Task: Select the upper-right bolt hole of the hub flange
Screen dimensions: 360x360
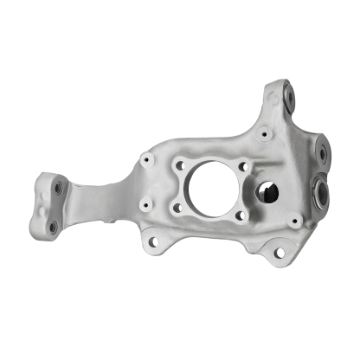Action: (243, 165)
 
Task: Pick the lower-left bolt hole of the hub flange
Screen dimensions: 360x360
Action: (177, 208)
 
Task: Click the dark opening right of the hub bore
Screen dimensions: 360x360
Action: (268, 191)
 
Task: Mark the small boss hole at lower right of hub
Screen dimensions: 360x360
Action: (295, 221)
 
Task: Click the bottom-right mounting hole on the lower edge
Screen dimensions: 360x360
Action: (279, 252)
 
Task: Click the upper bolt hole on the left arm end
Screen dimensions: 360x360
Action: (58, 187)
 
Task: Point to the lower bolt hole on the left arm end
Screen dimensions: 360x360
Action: (53, 227)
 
